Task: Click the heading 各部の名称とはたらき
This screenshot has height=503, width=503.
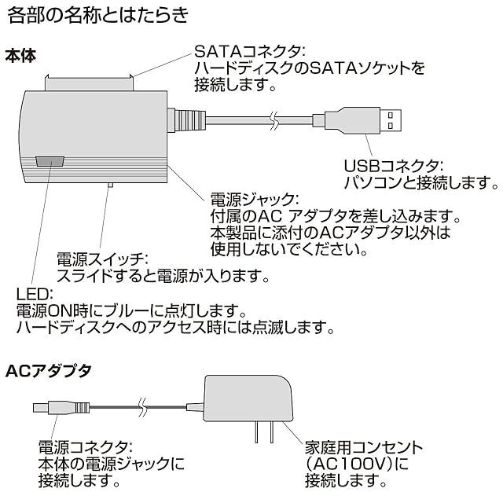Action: point(97,15)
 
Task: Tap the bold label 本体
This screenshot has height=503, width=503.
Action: point(20,56)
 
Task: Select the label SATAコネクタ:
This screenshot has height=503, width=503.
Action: point(250,50)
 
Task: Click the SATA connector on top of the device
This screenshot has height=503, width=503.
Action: point(89,83)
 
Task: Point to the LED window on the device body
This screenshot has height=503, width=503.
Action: point(50,161)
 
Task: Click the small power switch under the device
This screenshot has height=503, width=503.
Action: point(110,185)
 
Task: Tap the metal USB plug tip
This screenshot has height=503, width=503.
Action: point(391,120)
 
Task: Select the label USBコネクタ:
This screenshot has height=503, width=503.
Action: point(393,166)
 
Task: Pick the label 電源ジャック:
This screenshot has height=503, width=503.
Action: point(255,200)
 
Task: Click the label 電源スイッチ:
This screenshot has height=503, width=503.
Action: point(102,259)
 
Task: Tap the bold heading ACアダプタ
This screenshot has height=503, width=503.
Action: point(49,371)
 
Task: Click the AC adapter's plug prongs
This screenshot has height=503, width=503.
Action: point(264,431)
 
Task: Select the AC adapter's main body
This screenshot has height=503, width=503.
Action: point(248,398)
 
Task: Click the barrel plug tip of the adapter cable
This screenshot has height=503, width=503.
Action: point(40,408)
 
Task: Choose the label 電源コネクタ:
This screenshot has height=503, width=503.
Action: point(86,447)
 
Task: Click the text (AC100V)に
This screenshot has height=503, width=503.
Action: point(357,464)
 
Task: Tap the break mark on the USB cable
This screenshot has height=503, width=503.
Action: point(274,120)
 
